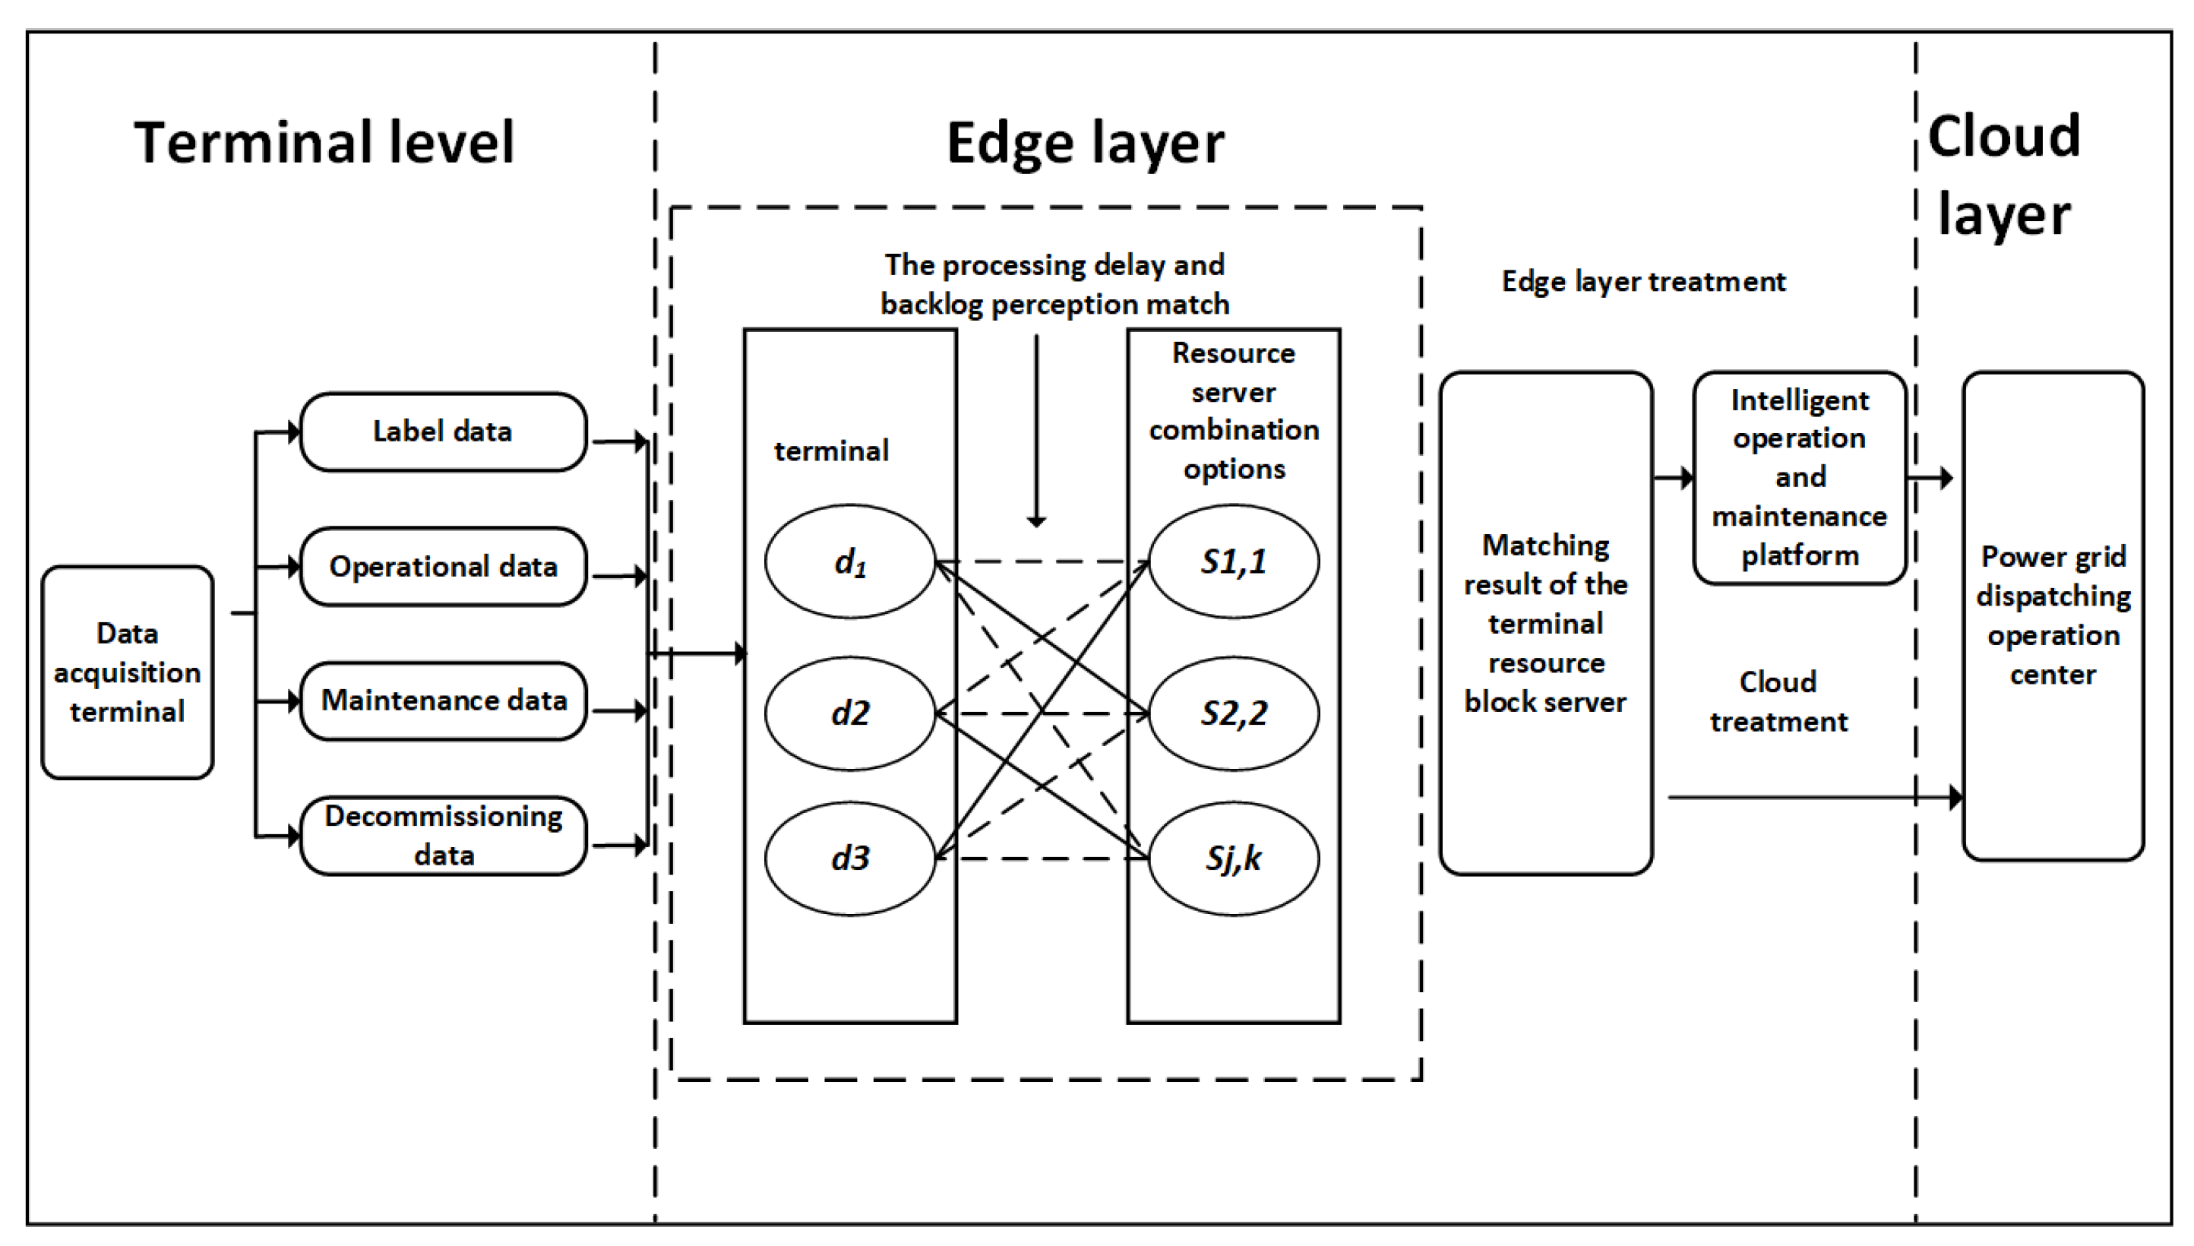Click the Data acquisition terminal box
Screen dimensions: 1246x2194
tap(128, 672)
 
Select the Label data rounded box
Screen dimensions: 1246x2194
tap(443, 432)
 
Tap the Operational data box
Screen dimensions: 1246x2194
tap(443, 567)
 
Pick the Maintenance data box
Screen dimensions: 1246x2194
tap(443, 700)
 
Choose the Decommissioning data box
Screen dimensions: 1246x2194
tap(443, 835)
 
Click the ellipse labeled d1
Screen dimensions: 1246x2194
tap(849, 561)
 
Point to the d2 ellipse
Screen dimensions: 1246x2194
tap(849, 713)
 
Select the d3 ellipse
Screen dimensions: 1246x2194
tap(849, 858)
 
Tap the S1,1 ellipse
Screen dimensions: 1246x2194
tap(1233, 561)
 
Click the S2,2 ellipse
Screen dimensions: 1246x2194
tap(1233, 713)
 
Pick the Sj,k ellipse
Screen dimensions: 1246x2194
tap(1233, 858)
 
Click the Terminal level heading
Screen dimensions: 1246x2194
tap(324, 142)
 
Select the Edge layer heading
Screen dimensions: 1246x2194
tap(1085, 142)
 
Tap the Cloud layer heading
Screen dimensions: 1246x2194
tap(2003, 176)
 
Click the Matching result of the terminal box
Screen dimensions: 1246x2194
tap(1545, 623)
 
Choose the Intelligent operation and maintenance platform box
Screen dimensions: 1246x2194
tap(1800, 478)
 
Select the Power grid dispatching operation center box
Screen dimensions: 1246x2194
tap(2053, 615)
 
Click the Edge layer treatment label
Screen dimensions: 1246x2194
tap(1643, 282)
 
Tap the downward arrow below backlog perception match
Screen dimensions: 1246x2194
tap(1036, 428)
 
